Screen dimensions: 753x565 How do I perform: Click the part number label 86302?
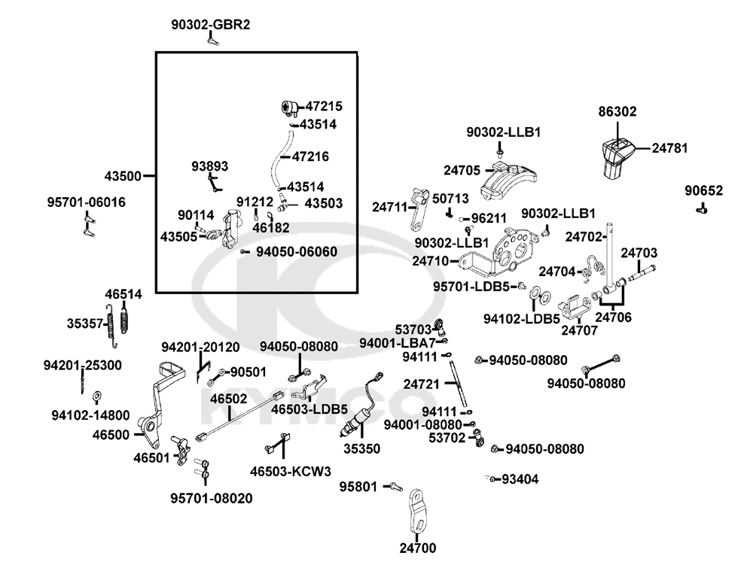click(x=617, y=111)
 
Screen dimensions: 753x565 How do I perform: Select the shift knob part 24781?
click(x=617, y=157)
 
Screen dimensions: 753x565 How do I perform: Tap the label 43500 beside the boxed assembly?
click(x=123, y=176)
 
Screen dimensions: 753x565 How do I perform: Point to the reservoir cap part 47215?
click(x=289, y=108)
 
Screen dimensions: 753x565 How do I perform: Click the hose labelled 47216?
click(x=280, y=158)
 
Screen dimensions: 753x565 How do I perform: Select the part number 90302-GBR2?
click(x=210, y=25)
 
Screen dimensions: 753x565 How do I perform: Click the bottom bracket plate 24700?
click(x=417, y=512)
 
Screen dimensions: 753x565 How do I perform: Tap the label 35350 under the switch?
click(x=361, y=448)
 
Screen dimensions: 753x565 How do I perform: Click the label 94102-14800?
click(x=90, y=415)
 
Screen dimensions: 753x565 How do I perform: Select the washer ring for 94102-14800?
click(x=96, y=396)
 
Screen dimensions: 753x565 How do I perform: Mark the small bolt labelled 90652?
click(x=702, y=208)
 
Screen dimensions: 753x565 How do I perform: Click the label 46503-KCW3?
click(x=290, y=472)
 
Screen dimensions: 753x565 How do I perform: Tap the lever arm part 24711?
click(x=418, y=209)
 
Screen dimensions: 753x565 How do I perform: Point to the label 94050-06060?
click(x=296, y=252)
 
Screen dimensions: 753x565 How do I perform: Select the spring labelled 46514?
click(x=125, y=320)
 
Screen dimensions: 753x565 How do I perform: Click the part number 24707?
click(x=580, y=330)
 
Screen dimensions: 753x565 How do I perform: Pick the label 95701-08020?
click(x=212, y=498)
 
